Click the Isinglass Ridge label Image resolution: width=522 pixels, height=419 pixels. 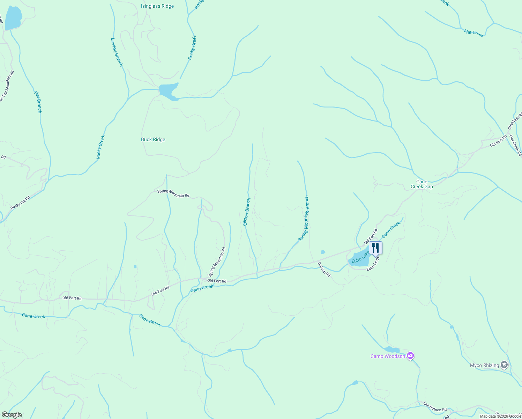[157, 6]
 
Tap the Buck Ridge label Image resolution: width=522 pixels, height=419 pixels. [153, 139]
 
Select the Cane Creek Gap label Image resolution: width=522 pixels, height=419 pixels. [422, 184]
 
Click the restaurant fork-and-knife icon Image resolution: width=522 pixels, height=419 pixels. [375, 248]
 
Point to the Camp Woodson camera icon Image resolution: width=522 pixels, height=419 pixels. [410, 356]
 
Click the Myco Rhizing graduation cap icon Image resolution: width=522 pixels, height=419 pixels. [504, 365]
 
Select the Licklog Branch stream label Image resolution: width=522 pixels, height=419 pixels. [117, 52]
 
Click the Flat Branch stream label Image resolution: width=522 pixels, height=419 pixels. [38, 102]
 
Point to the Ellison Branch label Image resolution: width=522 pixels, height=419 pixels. [247, 212]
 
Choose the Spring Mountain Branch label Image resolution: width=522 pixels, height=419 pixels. [304, 219]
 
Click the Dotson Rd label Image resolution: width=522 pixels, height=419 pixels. [324, 270]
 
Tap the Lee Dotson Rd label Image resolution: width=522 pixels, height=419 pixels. [434, 407]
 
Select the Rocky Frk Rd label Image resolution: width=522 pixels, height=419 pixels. [20, 203]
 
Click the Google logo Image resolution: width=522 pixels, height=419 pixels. [12, 415]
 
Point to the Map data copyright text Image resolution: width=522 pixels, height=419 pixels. [500, 416]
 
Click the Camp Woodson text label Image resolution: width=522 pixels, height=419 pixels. [388, 356]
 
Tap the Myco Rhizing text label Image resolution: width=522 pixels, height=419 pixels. [484, 365]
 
